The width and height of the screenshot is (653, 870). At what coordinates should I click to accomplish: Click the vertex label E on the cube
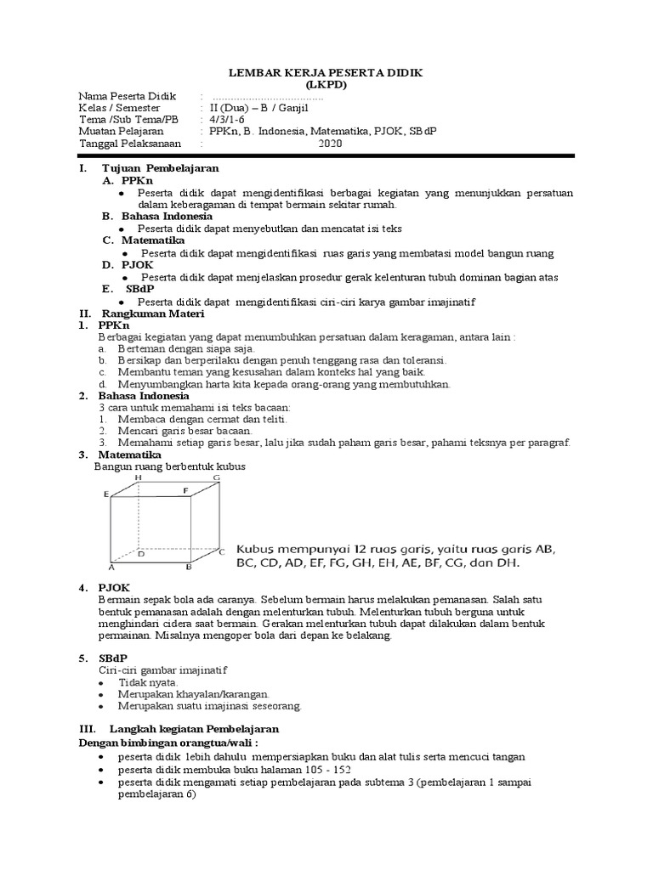pyautogui.click(x=105, y=494)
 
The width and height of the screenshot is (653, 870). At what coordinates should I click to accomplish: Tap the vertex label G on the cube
pyautogui.click(x=217, y=478)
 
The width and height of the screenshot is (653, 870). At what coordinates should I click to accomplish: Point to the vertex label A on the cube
pyautogui.click(x=111, y=567)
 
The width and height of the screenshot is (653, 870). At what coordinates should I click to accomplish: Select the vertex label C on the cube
pyautogui.click(x=221, y=551)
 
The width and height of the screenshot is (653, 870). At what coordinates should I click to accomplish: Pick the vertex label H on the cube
pyautogui.click(x=138, y=478)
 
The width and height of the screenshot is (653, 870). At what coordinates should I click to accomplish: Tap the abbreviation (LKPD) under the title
pyautogui.click(x=326, y=86)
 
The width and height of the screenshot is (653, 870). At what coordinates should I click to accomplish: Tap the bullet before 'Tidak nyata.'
pyautogui.click(x=101, y=682)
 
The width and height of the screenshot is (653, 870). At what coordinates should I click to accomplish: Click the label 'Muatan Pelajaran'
pyautogui.click(x=121, y=132)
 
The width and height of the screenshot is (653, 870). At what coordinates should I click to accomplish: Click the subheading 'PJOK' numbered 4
pyautogui.click(x=114, y=588)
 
